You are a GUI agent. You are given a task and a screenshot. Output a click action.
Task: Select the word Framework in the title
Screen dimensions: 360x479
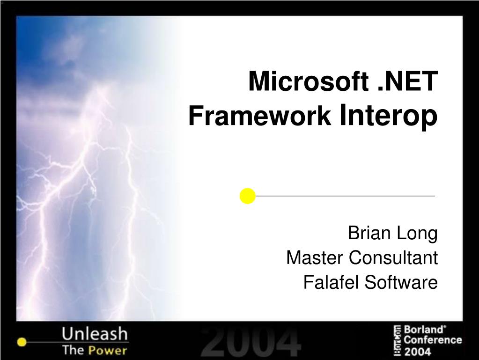point(259,116)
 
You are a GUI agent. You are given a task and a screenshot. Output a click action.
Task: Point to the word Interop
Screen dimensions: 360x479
point(388,116)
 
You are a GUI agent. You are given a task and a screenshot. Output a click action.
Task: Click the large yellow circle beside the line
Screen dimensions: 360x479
point(247,196)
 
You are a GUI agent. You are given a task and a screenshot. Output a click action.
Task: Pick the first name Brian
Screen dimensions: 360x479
point(367,233)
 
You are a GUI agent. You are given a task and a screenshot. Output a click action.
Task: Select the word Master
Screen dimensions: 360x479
point(314,257)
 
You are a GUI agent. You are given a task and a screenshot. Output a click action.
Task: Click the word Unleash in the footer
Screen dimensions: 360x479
point(95,334)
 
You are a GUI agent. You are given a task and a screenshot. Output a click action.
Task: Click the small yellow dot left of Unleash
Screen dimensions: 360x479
point(21,342)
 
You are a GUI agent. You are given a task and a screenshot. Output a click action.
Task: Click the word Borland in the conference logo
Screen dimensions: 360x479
point(423,330)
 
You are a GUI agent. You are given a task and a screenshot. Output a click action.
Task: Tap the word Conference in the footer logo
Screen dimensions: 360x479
point(433,340)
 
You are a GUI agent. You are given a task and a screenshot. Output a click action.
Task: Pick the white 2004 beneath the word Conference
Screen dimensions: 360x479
point(417,351)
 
